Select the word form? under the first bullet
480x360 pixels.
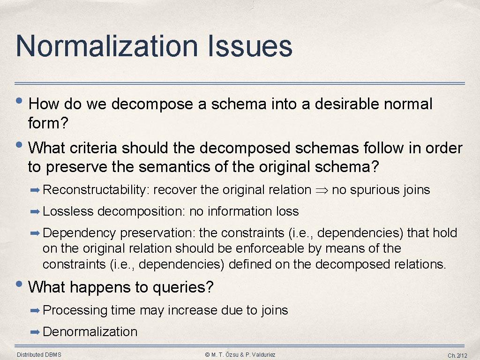click(x=48, y=124)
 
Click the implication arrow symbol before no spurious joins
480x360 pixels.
click(x=321, y=190)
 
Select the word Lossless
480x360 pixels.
click(x=68, y=211)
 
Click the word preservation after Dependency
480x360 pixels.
click(x=158, y=233)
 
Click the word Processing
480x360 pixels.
click(x=75, y=310)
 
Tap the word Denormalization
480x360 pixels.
click(x=90, y=332)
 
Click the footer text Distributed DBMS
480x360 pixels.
click(x=39, y=354)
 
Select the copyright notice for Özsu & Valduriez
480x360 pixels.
click(x=240, y=354)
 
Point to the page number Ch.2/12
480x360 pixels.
click(x=457, y=355)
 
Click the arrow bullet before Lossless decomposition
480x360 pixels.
click(x=35, y=211)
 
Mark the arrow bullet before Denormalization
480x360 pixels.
click(x=35, y=332)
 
